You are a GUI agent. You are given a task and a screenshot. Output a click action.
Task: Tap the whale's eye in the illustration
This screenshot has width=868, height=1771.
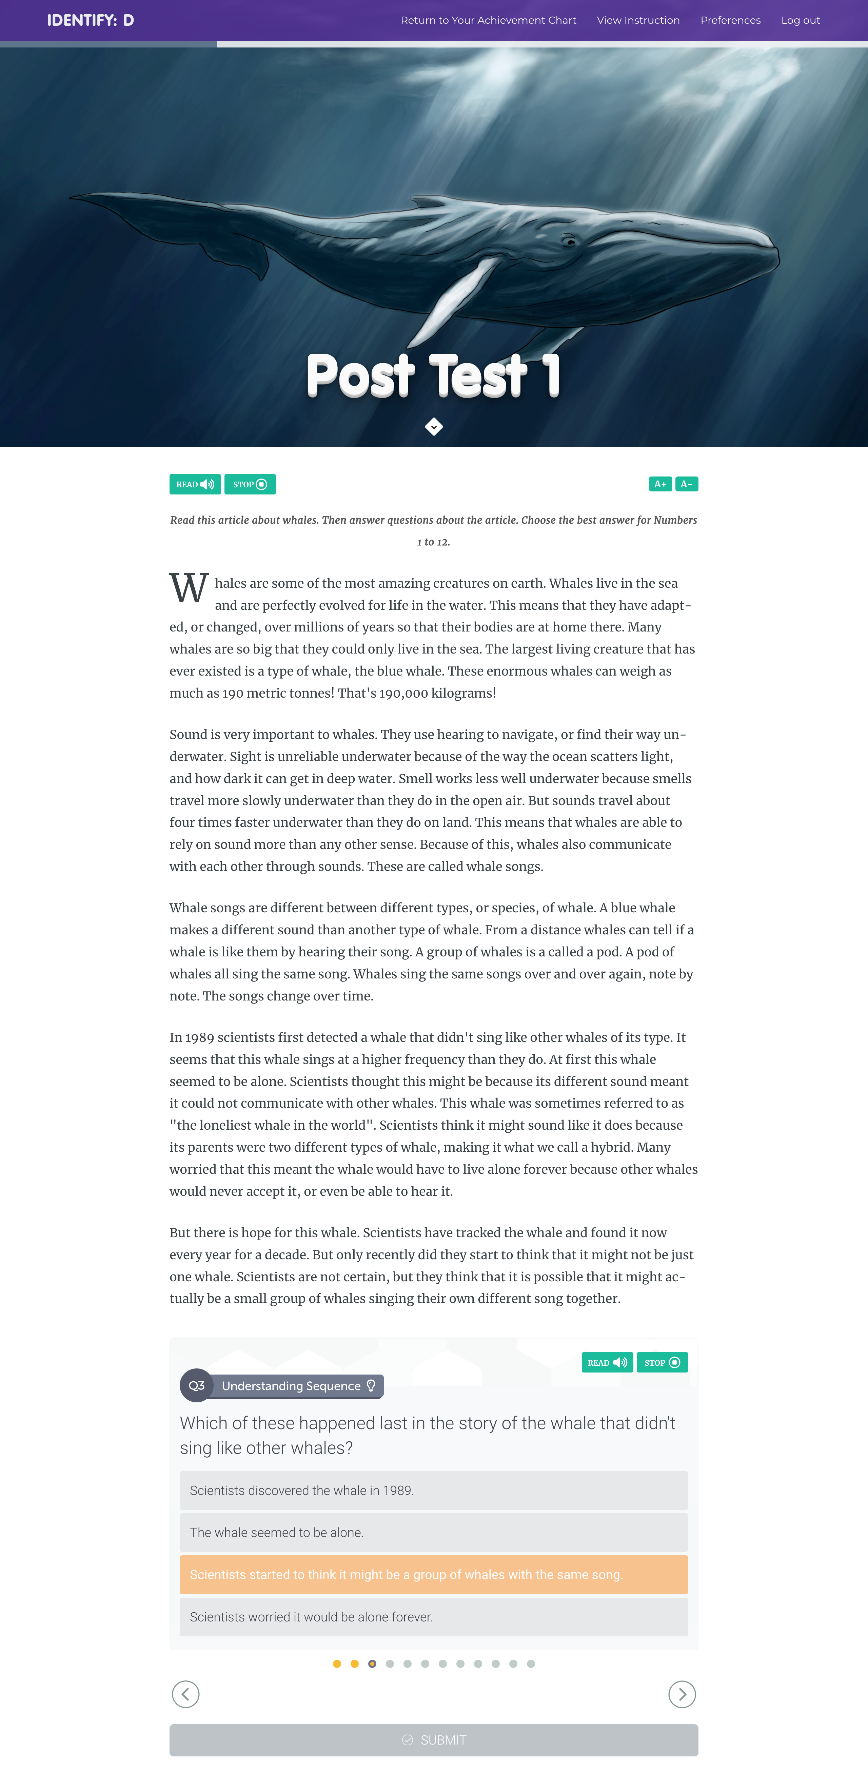[x=569, y=242]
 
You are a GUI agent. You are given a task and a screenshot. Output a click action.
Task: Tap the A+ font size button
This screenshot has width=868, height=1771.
[x=660, y=484]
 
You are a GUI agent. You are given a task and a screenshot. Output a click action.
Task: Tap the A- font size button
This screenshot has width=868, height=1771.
[x=686, y=484]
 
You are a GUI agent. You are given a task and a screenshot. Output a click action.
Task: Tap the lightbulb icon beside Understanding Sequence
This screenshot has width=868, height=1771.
[x=371, y=1385]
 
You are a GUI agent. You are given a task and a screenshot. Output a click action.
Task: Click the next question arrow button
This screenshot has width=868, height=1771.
[x=682, y=1694]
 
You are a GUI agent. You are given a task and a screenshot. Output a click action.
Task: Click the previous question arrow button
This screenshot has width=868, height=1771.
[x=185, y=1694]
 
